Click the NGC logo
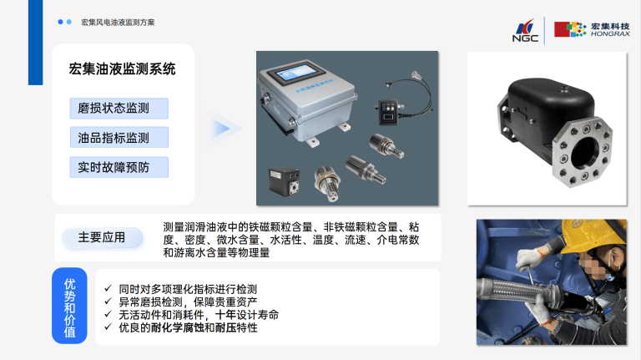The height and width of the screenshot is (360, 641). pyautogui.click(x=525, y=30)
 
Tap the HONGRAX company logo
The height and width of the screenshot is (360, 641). pyautogui.click(x=592, y=29)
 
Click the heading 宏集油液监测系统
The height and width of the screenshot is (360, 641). pyautogui.click(x=122, y=68)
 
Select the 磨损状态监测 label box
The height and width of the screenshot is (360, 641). pyautogui.click(x=119, y=109)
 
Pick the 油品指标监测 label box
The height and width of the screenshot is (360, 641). pyautogui.click(x=119, y=138)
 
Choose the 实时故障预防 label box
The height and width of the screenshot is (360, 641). pyautogui.click(x=119, y=167)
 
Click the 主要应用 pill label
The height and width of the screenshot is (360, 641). pyautogui.click(x=102, y=237)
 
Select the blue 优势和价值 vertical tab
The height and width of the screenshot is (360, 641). pyautogui.click(x=69, y=306)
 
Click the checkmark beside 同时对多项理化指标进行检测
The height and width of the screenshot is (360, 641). pyautogui.click(x=108, y=288)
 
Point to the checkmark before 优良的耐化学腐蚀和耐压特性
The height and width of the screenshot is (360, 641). pyautogui.click(x=108, y=327)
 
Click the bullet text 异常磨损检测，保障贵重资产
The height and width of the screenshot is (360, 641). pyautogui.click(x=188, y=302)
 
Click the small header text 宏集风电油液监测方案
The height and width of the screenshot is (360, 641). pyautogui.click(x=118, y=23)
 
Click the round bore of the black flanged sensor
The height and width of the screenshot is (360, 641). pyautogui.click(x=585, y=153)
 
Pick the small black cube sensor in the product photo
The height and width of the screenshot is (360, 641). pyautogui.click(x=285, y=180)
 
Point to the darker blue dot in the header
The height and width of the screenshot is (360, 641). pyautogui.click(x=60, y=22)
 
